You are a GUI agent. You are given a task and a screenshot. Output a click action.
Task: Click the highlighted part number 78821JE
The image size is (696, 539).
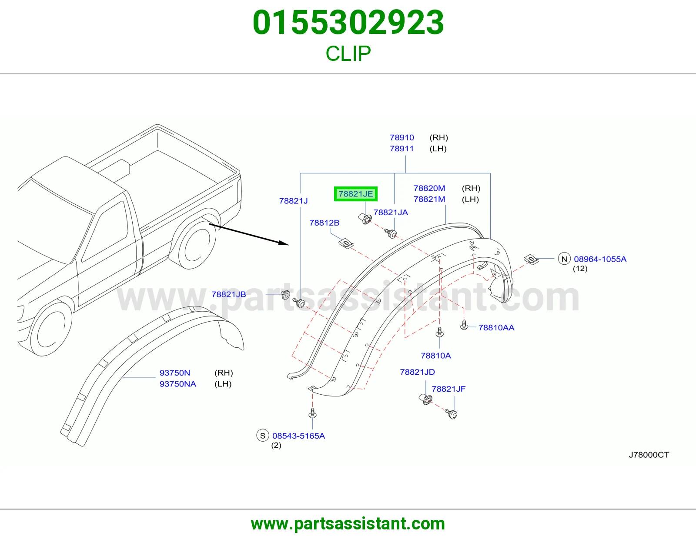click(355, 194)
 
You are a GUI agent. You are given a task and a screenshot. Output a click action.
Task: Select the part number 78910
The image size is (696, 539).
click(402, 138)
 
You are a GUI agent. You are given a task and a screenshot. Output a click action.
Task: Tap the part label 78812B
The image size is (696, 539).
click(324, 223)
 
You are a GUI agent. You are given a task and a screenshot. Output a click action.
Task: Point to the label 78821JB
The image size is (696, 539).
click(229, 294)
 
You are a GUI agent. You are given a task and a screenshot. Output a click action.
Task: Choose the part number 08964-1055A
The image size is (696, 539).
click(600, 259)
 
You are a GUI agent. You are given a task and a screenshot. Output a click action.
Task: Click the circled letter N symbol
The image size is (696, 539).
click(564, 259)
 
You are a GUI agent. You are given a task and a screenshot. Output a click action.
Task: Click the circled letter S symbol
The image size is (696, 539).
click(263, 436)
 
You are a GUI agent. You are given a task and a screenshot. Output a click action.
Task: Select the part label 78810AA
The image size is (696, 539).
click(496, 328)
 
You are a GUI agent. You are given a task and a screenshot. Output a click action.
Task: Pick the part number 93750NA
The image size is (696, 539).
click(178, 384)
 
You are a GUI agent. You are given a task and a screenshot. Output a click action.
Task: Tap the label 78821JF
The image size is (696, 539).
click(448, 389)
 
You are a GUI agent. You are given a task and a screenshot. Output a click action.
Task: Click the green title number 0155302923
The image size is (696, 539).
click(348, 23)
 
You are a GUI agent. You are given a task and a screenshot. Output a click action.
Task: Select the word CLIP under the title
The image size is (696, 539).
click(348, 53)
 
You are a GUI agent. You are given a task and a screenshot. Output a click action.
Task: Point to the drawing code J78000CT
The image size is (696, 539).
click(649, 455)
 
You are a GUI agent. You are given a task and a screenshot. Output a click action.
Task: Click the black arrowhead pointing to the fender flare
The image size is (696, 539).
click(284, 243)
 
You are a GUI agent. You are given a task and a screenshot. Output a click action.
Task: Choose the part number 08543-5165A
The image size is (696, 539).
click(298, 436)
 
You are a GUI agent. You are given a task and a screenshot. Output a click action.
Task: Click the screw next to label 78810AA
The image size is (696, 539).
click(464, 325)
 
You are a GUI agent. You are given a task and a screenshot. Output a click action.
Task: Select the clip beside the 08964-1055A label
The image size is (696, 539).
click(531, 259)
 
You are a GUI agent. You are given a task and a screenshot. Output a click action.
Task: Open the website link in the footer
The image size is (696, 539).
click(348, 524)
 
